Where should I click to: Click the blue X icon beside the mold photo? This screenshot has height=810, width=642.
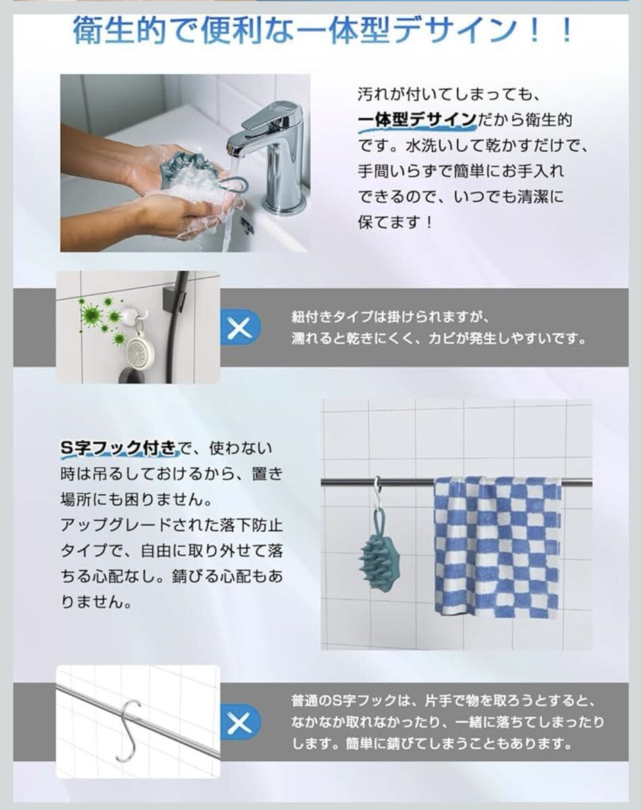click(x=240, y=327)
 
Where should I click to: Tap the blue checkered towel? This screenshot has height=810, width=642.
click(x=497, y=547)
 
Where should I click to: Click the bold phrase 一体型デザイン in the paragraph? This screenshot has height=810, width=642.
click(x=418, y=119)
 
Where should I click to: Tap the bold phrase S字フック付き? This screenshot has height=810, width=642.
click(x=118, y=448)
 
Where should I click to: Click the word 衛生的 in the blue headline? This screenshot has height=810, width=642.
click(x=120, y=31)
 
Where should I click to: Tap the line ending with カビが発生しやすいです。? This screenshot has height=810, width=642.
click(x=439, y=339)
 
